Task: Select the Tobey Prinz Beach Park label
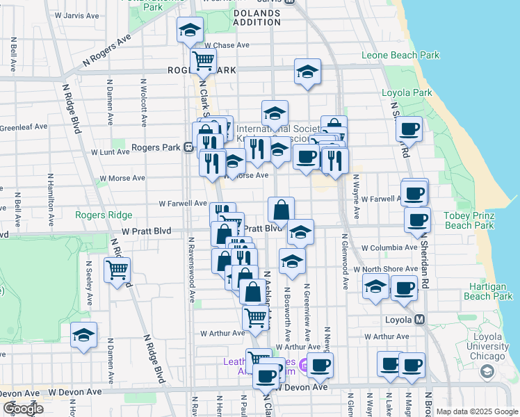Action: pyautogui.click(x=469, y=220)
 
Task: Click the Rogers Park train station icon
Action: pyautogui.click(x=188, y=148)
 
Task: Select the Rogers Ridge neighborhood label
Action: pyautogui.click(x=99, y=215)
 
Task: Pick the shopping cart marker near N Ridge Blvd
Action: pyautogui.click(x=117, y=269)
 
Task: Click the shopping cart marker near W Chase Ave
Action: pyautogui.click(x=204, y=60)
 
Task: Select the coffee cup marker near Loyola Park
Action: pyautogui.click(x=409, y=129)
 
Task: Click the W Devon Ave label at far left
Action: pyautogui.click(x=76, y=393)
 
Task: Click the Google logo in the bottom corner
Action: pyautogui.click(x=24, y=409)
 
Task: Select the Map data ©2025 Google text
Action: pyautogui.click(x=476, y=412)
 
